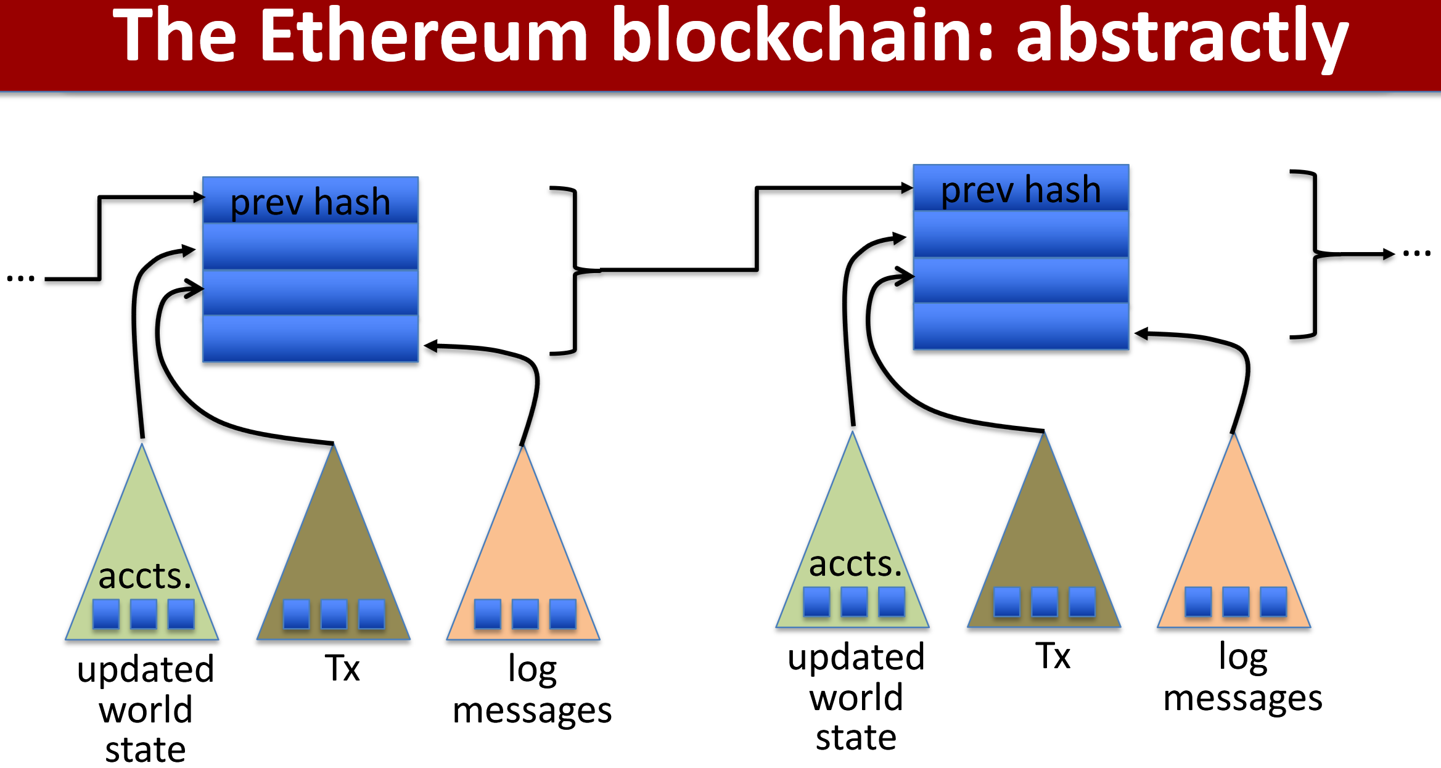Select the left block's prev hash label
pyautogui.click(x=310, y=202)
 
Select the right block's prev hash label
pyautogui.click(x=1020, y=189)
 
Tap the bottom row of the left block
pyautogui.click(x=310, y=338)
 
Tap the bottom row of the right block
pyautogui.click(x=1020, y=326)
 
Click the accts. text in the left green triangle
pyautogui.click(x=145, y=576)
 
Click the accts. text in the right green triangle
pyautogui.click(x=855, y=564)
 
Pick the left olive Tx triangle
pyautogui.click(x=334, y=555)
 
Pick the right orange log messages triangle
pyautogui.click(x=1234, y=542)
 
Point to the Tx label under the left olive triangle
pyautogui.click(x=342, y=668)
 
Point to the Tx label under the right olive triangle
pyautogui.click(x=1053, y=655)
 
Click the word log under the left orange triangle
pyautogui.click(x=532, y=669)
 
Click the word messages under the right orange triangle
pyautogui.click(x=1242, y=698)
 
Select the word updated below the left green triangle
pyautogui.click(x=146, y=669)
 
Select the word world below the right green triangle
pyautogui.click(x=856, y=698)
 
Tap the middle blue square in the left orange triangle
pyautogui.click(x=525, y=614)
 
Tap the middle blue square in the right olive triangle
pyautogui.click(x=1045, y=602)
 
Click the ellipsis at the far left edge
pyautogui.click(x=20, y=279)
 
